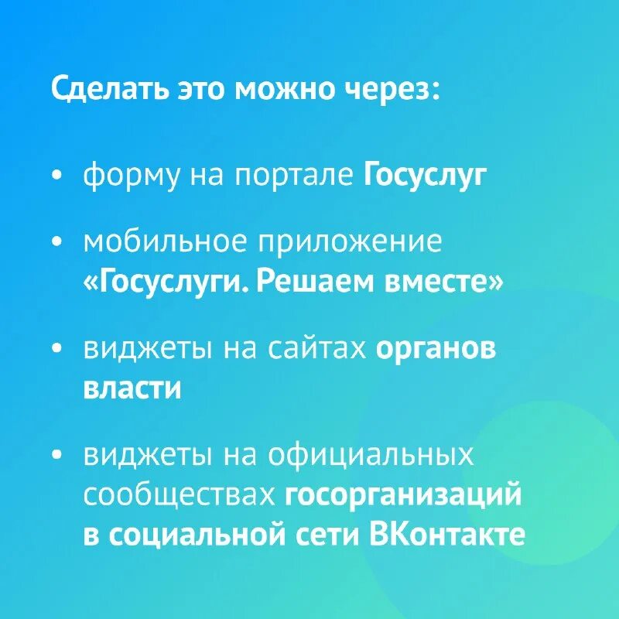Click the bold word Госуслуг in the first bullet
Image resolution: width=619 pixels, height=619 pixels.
click(426, 176)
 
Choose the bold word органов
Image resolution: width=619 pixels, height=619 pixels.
click(436, 350)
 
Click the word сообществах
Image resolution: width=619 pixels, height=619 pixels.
click(180, 495)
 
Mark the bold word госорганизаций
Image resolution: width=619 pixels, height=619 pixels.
click(403, 496)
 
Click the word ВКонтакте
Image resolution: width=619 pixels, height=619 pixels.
click(448, 535)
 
